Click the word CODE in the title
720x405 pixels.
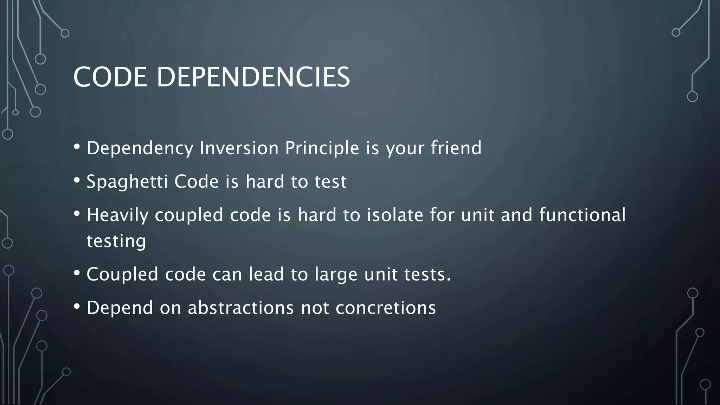pos(110,77)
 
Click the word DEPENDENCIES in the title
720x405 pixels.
pos(253,77)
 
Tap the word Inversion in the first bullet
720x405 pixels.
pos(239,148)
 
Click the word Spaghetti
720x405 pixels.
pos(127,182)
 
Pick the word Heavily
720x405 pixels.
pos(117,216)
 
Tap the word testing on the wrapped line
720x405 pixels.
pos(116,242)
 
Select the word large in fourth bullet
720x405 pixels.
pos(336,275)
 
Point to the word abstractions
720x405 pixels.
pos(240,308)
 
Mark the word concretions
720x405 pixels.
pos(386,308)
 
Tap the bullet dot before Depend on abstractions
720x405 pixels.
pos(77,307)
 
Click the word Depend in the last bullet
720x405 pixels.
pos(120,308)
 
